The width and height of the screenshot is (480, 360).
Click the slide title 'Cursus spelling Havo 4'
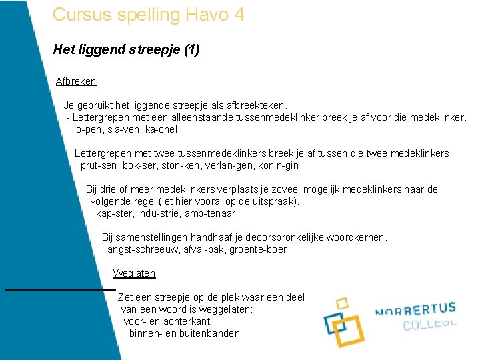pos(148,14)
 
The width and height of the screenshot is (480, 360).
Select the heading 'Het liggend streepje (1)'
pos(127,49)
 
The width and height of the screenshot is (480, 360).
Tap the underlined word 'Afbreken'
pos(76,81)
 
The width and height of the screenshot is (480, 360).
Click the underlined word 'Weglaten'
pos(134,273)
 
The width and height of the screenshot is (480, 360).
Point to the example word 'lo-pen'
pos(87,129)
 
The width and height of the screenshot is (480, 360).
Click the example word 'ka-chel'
pos(161,129)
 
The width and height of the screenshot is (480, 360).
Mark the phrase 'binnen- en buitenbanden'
pos(184,333)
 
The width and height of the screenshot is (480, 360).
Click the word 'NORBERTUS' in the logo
pos(415,311)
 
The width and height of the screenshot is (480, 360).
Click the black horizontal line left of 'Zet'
pos(60,289)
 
